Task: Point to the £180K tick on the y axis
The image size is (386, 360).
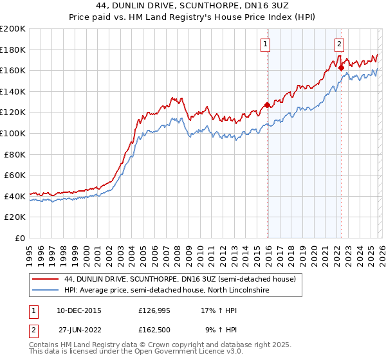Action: click(x=13, y=50)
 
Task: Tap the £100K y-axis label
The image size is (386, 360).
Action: click(x=13, y=133)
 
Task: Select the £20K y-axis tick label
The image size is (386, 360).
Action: click(x=15, y=217)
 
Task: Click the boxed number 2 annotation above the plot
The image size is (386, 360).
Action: click(x=339, y=44)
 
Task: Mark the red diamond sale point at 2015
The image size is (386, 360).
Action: click(x=267, y=105)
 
